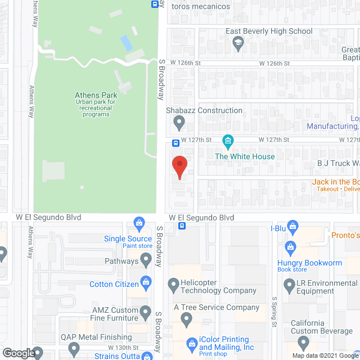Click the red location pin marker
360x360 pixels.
[179, 166]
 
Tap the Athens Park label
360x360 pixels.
[96, 95]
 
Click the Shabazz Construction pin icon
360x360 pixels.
[179, 121]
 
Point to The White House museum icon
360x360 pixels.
[228, 140]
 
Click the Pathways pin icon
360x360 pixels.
[146, 260]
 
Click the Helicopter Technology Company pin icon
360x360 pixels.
[173, 287]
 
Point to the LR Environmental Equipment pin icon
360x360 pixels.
[290, 287]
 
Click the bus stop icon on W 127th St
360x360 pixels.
[175, 142]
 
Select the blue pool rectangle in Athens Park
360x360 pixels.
[127, 42]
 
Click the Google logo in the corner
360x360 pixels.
[18, 353]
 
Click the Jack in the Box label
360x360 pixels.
[335, 182]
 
